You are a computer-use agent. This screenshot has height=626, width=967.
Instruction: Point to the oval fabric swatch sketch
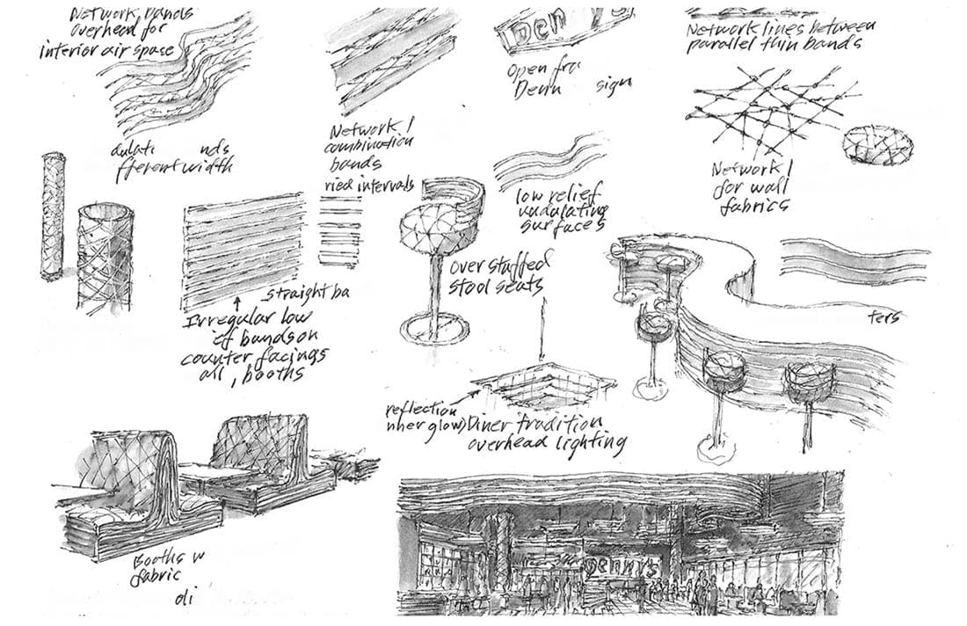pos(877,144)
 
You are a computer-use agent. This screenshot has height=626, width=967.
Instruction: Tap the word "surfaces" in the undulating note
pos(563,225)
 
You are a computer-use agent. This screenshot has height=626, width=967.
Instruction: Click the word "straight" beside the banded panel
pos(295,291)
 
